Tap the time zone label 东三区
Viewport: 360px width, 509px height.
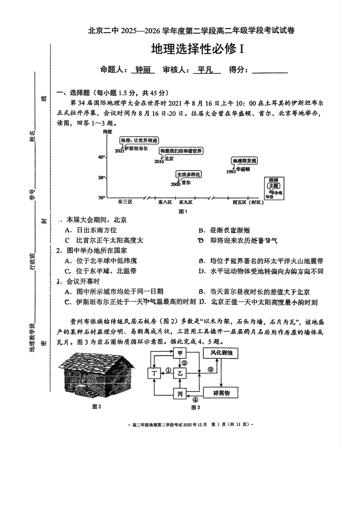(125, 202)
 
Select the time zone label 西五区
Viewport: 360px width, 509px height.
(240, 202)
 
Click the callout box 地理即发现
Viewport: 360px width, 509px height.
(245, 161)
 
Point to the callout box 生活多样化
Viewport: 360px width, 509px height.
(188, 174)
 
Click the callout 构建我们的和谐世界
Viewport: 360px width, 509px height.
(181, 151)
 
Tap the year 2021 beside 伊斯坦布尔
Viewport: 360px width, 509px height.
(119, 151)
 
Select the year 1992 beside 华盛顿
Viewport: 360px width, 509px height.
(231, 172)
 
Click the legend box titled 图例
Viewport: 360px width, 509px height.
(274, 188)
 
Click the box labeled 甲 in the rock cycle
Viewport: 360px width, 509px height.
(180, 353)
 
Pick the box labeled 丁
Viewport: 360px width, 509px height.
(154, 373)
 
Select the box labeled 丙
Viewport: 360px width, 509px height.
(180, 394)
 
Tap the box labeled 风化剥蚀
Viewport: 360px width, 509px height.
(221, 353)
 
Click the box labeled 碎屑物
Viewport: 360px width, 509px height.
(221, 393)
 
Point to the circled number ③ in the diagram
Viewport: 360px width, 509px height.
(211, 369)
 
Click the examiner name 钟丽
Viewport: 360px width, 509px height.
(143, 70)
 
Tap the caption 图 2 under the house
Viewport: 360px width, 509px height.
(97, 407)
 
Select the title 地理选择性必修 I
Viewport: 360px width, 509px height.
(197, 49)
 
